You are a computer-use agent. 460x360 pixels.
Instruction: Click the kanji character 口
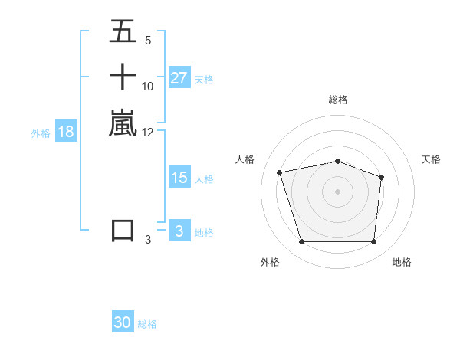(123, 231)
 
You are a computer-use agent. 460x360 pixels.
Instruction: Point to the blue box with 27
(179, 78)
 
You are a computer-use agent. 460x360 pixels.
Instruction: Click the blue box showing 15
(179, 178)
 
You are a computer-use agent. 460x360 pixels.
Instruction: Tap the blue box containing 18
(66, 132)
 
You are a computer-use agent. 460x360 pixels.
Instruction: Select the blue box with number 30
(123, 323)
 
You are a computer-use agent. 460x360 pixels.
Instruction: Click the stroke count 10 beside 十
(148, 86)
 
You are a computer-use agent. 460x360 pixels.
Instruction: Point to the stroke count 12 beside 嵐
(148, 132)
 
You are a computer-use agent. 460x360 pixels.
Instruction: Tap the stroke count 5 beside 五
(148, 40)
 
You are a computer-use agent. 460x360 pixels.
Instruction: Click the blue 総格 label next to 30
(147, 324)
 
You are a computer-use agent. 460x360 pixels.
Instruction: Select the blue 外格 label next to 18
(41, 133)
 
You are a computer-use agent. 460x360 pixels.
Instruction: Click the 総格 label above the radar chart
(338, 100)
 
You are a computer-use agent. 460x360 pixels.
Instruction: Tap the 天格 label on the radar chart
(431, 159)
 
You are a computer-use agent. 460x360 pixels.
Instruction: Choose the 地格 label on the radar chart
(402, 263)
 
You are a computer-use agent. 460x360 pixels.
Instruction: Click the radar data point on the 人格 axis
(280, 172)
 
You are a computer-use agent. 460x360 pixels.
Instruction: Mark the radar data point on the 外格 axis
(301, 242)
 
